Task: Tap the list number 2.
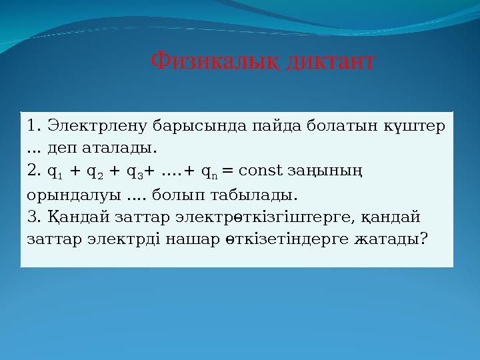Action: [34, 171]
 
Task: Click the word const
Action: [261, 171]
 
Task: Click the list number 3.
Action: [34, 217]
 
